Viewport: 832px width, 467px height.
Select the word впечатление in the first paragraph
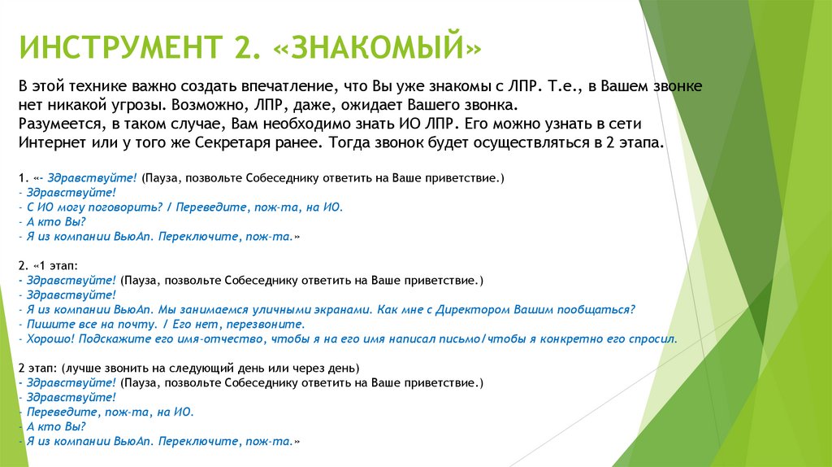tap(279, 86)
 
